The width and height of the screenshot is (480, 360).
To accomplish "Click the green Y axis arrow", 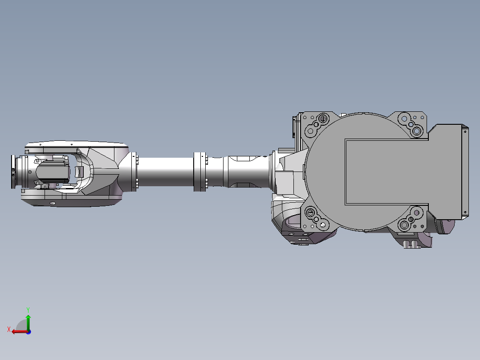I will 28,320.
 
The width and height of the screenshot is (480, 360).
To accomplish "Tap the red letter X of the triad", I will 9,329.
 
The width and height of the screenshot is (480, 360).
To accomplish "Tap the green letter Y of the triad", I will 28,309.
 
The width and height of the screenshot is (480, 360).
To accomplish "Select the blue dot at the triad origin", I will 28,331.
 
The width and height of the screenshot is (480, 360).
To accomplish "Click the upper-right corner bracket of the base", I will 411,124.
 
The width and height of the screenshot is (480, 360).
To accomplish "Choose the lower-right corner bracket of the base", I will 411,219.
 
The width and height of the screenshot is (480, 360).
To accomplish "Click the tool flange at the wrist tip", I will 13,172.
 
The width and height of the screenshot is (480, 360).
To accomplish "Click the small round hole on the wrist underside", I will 53,203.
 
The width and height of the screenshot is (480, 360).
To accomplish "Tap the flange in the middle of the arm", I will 201,172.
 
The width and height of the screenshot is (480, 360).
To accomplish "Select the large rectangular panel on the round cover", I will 385,172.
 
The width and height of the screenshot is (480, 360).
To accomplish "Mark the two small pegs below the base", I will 412,244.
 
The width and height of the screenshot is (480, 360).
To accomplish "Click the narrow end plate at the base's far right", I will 465,172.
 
